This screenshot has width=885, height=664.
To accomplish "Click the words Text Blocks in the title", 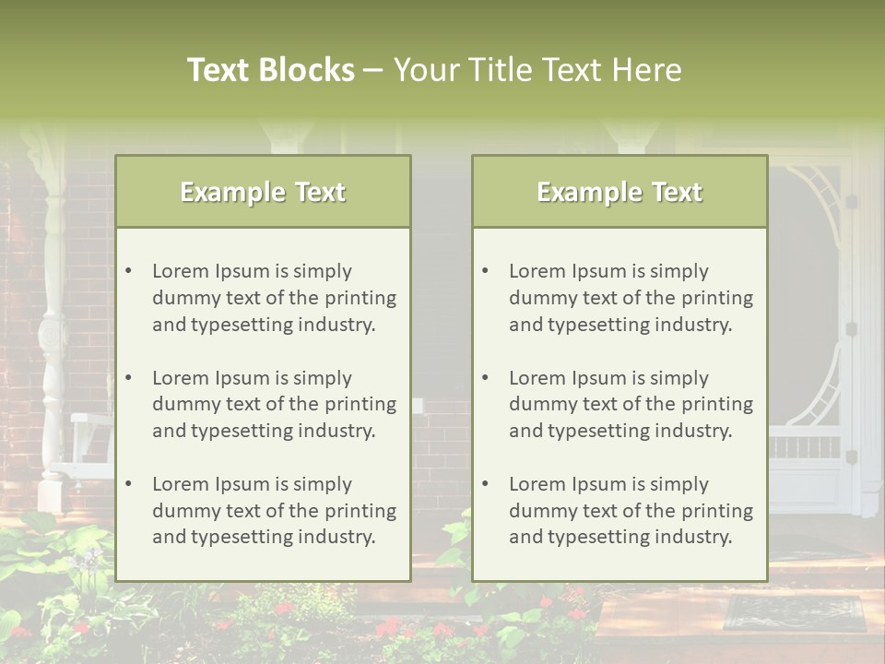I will pyautogui.click(x=270, y=70).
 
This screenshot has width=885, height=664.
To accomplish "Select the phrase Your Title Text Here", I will pyautogui.click(x=537, y=70).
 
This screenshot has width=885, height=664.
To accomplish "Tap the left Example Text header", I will pyautogui.click(x=263, y=192).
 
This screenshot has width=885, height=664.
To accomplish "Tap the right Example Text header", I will pyautogui.click(x=619, y=192).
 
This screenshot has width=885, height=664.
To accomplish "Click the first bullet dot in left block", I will pyautogui.click(x=129, y=271).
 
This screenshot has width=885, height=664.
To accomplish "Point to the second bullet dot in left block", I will pyautogui.click(x=129, y=378).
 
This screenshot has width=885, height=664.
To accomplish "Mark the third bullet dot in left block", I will pyautogui.click(x=129, y=484).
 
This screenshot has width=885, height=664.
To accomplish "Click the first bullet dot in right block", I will pyautogui.click(x=486, y=271).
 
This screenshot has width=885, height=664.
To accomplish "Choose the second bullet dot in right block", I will pyautogui.click(x=486, y=378).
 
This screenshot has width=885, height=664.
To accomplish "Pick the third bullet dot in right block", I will pyautogui.click(x=486, y=484).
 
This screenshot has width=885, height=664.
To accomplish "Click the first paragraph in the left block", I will pyautogui.click(x=274, y=298).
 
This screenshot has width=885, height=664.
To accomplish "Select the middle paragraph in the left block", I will pyautogui.click(x=274, y=404).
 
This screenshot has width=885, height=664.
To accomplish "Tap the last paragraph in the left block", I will pyautogui.click(x=274, y=511).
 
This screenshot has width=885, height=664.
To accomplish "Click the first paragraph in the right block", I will pyautogui.click(x=631, y=298).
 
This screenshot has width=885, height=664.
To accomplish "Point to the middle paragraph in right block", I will pyautogui.click(x=631, y=404).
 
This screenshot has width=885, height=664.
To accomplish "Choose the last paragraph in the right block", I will pyautogui.click(x=631, y=511).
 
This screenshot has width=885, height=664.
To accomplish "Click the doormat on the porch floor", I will pyautogui.click(x=795, y=612).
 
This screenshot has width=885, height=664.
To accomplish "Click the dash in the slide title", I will pyautogui.click(x=373, y=71).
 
